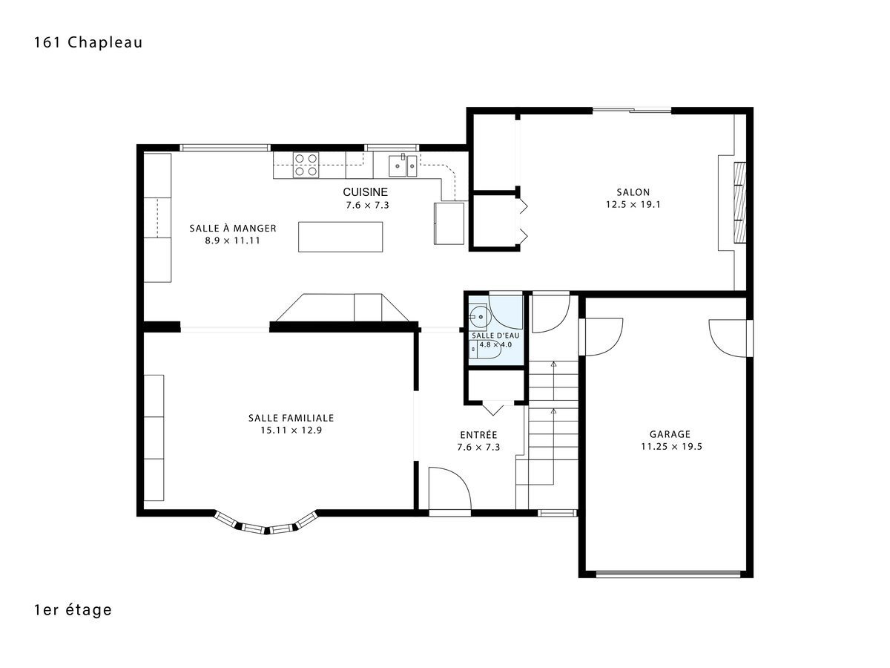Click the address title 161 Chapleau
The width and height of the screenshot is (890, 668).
click(88, 42)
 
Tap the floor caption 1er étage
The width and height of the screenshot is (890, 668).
click(73, 609)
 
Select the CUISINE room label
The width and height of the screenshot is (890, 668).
click(366, 191)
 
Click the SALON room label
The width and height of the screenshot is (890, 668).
click(633, 191)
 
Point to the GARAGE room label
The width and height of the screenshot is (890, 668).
click(670, 434)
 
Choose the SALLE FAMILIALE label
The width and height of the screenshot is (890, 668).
click(291, 418)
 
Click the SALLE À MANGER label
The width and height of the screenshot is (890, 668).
click(233, 228)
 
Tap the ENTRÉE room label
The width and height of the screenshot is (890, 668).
click(478, 435)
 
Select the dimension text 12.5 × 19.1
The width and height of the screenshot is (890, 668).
click(633, 204)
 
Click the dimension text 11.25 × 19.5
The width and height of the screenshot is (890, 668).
click(671, 447)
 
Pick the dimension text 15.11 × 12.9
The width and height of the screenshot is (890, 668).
click(291, 430)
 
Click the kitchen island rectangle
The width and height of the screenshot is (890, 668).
click(340, 237)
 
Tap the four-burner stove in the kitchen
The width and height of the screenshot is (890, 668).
click(306, 165)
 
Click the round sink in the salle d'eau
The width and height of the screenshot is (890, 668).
click(478, 315)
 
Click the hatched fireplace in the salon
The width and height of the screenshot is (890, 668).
click(740, 203)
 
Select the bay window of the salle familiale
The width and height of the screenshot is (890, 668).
click(266, 523)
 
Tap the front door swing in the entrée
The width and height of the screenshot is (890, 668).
click(449, 488)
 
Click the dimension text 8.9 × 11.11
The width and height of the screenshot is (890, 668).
click(232, 240)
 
